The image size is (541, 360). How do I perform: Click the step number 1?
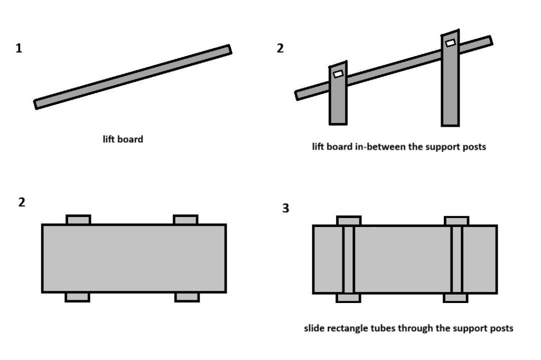[19, 49]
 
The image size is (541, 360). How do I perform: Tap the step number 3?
[286, 209]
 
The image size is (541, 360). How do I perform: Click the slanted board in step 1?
[133, 77]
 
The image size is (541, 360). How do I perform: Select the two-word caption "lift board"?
[123, 140]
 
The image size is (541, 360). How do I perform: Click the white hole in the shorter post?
[338, 74]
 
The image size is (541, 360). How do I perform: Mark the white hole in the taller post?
[450, 43]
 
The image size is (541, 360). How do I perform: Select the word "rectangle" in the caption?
[350, 328]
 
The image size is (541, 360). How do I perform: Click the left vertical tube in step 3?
[348, 259]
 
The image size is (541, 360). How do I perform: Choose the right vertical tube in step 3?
[457, 259]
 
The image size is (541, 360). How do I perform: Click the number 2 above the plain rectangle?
[22, 202]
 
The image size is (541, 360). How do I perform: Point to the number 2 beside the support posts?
[280, 49]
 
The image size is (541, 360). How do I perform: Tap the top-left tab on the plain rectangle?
[78, 219]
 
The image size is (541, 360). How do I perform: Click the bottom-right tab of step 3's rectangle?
[455, 298]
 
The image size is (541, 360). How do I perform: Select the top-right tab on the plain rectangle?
[185, 219]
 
